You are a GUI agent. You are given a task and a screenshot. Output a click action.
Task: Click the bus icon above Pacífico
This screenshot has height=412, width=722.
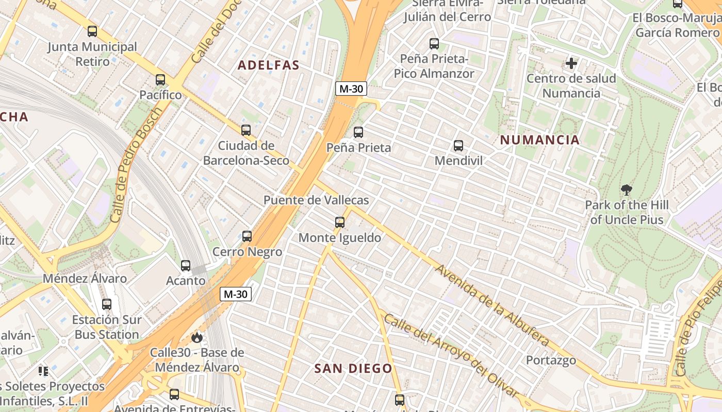160,80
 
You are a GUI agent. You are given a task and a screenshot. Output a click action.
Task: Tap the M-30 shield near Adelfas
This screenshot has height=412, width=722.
351,89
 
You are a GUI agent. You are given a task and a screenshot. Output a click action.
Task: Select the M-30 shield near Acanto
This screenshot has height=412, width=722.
236,294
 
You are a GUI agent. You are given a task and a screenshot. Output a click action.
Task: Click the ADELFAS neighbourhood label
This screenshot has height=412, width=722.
268,65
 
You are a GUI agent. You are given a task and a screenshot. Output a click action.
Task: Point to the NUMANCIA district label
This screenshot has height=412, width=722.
540,140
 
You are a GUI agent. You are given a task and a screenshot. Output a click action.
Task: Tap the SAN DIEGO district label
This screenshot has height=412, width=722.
353,368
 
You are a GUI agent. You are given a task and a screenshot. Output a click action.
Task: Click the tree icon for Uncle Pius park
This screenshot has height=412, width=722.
627,190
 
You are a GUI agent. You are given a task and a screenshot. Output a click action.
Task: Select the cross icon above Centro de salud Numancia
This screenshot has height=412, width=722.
571,63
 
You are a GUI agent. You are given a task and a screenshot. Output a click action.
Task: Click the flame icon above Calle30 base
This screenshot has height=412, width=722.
196,337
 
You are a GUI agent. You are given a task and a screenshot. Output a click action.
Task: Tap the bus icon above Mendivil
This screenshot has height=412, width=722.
458,146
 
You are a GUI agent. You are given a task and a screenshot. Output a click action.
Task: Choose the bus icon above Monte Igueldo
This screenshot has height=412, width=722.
339,222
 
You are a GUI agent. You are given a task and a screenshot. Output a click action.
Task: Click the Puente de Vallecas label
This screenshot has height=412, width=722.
316,200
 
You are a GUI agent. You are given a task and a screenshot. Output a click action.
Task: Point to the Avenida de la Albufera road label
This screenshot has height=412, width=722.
491,305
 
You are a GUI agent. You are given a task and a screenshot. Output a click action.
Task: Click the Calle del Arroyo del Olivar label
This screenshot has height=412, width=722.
450,355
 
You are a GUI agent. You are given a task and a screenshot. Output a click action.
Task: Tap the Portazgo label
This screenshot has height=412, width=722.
551,360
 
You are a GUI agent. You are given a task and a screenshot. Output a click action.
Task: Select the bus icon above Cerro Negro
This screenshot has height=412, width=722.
247,236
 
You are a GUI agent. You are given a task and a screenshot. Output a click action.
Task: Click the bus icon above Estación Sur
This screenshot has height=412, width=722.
107,304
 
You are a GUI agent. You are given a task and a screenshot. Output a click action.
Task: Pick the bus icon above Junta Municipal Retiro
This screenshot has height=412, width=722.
92,31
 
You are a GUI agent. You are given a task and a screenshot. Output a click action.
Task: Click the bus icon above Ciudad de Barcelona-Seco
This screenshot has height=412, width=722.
246,130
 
